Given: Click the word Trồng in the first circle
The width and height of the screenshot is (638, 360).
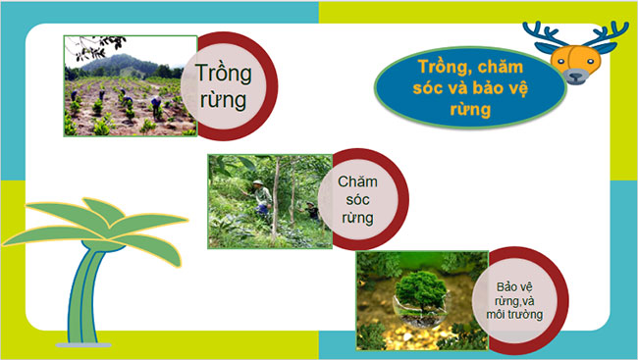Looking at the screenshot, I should point(223,74).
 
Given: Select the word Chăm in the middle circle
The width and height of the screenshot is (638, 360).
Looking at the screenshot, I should point(356,181).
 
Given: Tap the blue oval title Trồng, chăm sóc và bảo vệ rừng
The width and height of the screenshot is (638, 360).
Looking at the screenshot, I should point(470,88).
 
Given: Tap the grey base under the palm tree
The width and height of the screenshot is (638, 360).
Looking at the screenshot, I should point(84,344).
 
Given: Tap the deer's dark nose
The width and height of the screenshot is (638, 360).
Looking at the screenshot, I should point(575,74).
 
